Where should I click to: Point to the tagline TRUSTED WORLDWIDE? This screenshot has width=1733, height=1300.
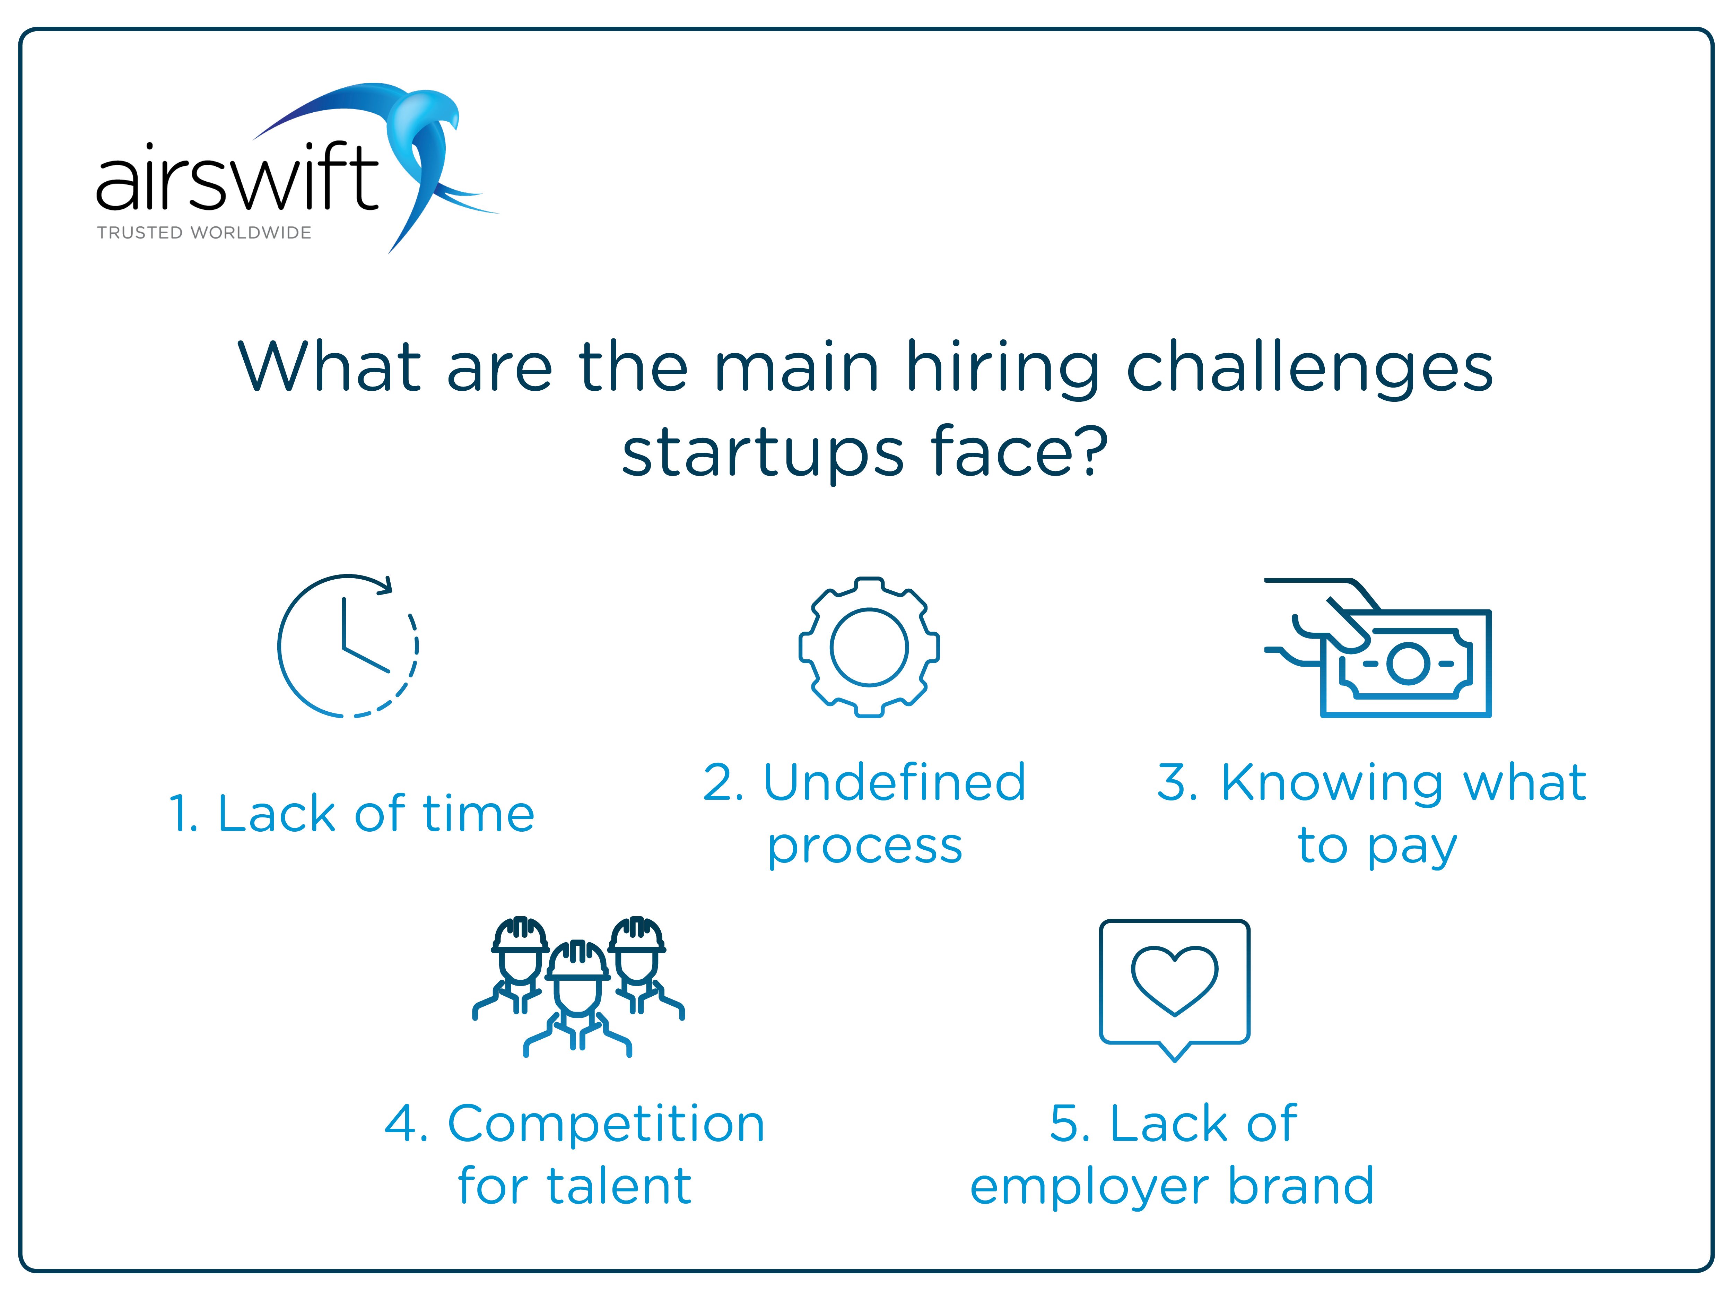click(x=204, y=233)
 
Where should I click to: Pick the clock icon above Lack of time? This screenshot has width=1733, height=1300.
click(x=348, y=647)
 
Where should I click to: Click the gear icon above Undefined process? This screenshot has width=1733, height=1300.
click(x=869, y=647)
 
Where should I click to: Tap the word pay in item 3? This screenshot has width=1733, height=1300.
click(x=1412, y=848)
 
